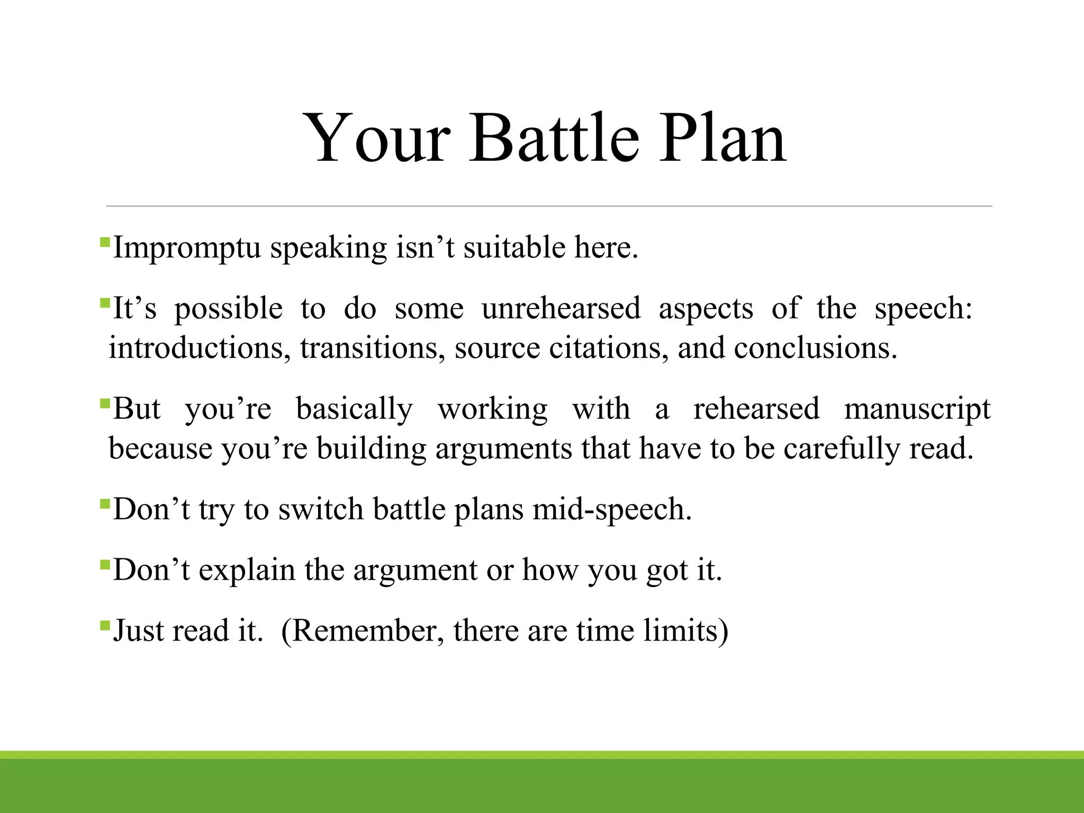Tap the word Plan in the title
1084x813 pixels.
[722, 139]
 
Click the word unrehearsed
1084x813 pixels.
[561, 309]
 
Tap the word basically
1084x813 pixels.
[354, 409]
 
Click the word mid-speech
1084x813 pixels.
[612, 510]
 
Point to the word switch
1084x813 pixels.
[321, 510]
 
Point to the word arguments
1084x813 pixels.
[503, 449]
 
